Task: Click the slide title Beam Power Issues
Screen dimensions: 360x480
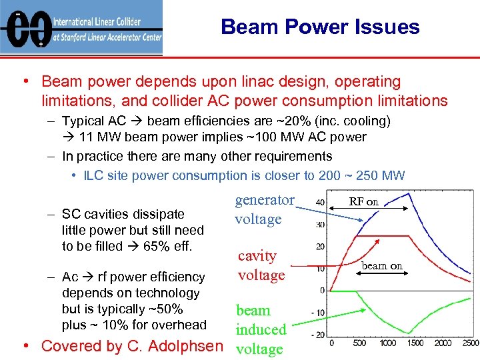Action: (x=320, y=27)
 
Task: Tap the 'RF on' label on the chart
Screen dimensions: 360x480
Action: (x=363, y=202)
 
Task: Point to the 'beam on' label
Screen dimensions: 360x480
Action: (x=382, y=265)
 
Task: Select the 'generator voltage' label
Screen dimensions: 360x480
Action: (x=264, y=209)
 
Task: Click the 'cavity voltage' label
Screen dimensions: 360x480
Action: (x=261, y=265)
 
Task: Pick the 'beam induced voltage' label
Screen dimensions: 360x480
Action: (x=261, y=329)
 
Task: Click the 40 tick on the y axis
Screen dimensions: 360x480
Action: (x=320, y=203)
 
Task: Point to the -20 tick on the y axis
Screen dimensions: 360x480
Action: (x=318, y=335)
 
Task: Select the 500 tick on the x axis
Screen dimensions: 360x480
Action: (x=359, y=343)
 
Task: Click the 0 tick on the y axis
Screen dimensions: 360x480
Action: (x=322, y=291)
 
